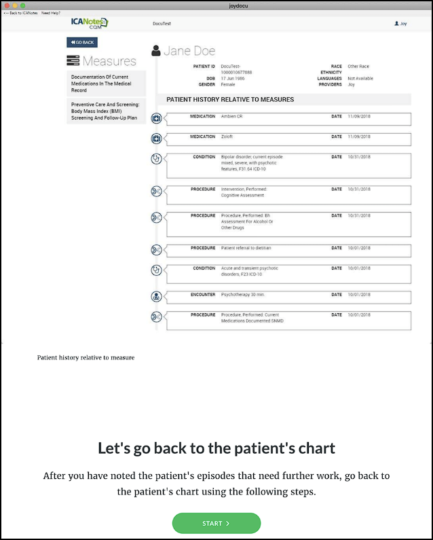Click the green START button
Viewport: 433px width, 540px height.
216,523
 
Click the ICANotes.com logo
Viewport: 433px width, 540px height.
90,23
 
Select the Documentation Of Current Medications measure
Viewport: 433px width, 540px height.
106,84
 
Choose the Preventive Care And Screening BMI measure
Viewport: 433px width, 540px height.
106,111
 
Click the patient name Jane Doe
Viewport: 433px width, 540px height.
189,51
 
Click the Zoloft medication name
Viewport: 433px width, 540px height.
228,137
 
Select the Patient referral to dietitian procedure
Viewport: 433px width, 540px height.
246,248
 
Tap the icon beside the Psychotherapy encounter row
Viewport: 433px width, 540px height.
157,296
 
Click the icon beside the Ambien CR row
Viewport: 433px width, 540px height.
157,119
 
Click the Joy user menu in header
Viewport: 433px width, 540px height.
400,23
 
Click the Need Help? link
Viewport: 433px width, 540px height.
51,13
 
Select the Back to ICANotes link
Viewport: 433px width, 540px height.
20,13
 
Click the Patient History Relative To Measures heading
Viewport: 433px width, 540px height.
230,99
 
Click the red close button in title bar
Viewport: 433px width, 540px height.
6,5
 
